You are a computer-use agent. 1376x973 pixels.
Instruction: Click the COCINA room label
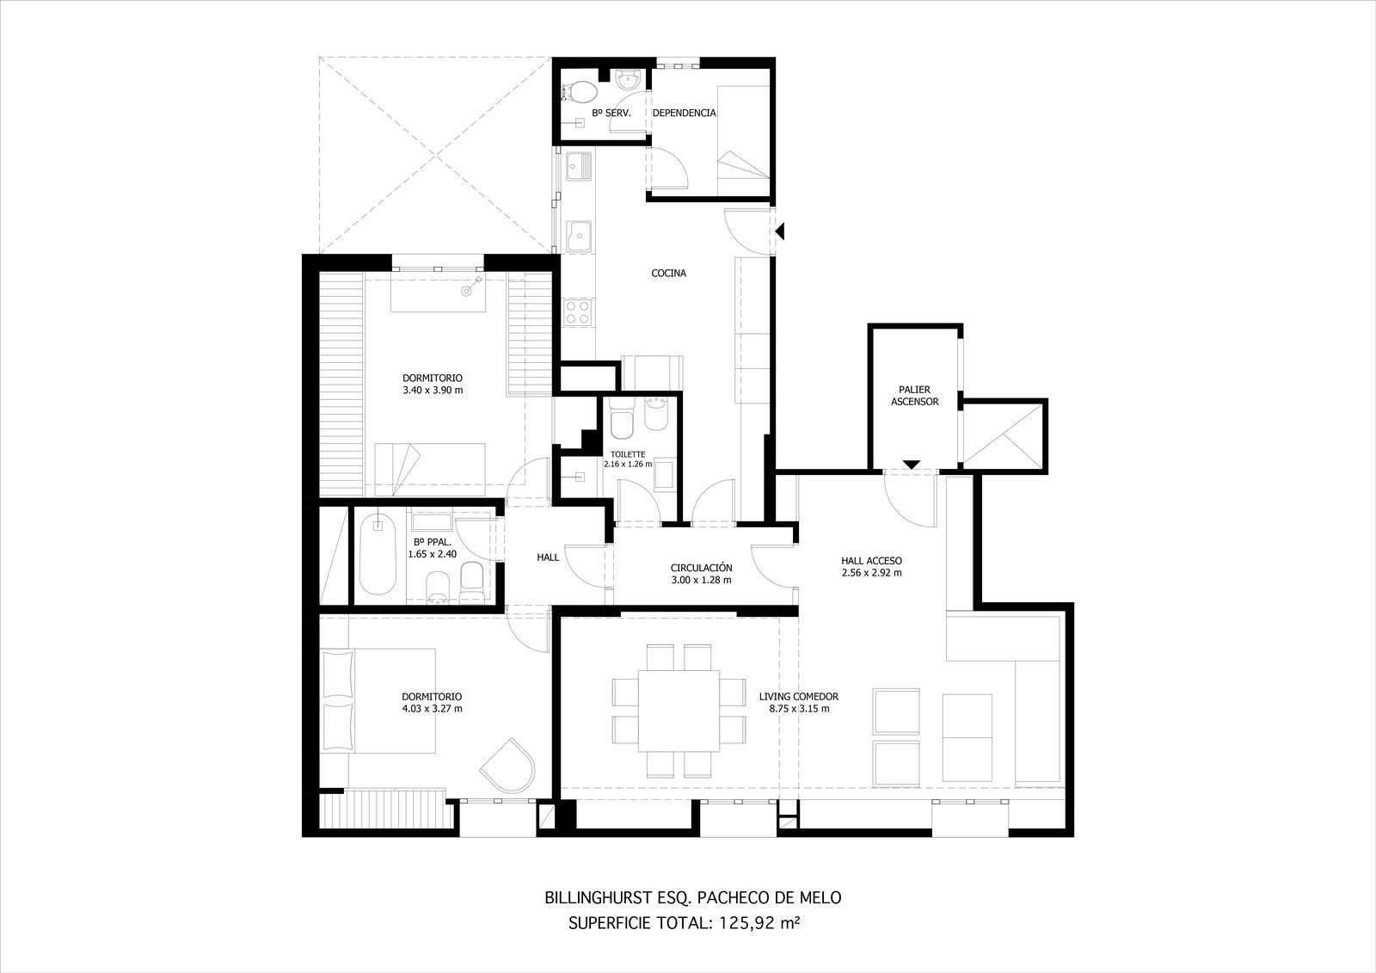pos(668,273)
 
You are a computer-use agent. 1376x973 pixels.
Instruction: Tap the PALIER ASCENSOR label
pos(915,395)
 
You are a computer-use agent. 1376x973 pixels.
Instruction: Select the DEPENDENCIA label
pos(684,113)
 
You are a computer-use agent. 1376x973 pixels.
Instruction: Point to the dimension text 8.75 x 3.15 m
pos(799,709)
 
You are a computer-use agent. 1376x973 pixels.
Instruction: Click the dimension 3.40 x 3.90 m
pos(433,390)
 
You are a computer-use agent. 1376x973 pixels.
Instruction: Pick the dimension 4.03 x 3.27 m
pos(432,709)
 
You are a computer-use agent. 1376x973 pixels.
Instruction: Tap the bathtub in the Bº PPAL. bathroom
pos(378,554)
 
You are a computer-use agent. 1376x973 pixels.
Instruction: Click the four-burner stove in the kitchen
pos(577,311)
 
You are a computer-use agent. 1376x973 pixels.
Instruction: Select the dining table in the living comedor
pos(679,710)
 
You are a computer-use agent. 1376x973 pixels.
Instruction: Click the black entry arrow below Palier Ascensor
pos(912,465)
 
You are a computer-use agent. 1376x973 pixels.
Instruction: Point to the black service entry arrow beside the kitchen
pos(780,231)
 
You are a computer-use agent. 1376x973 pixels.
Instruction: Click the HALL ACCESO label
pos(871,561)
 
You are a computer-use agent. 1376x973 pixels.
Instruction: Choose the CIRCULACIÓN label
pos(702,568)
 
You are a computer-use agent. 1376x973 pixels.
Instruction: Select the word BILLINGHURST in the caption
pos(597,898)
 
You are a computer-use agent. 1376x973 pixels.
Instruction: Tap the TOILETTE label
pos(628,455)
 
